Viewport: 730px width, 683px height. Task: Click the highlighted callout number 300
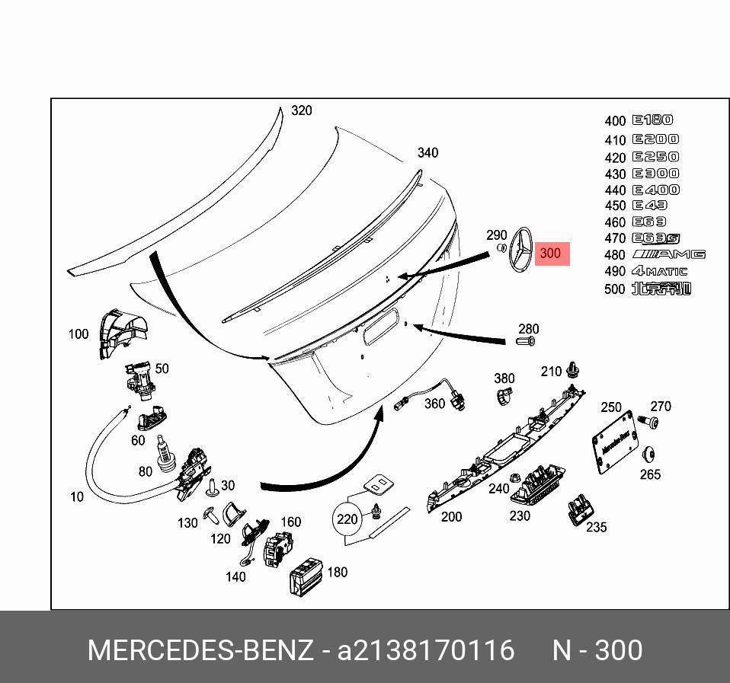[x=551, y=254]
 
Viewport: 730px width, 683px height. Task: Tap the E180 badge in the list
[x=652, y=120]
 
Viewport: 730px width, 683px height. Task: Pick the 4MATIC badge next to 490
[x=659, y=271]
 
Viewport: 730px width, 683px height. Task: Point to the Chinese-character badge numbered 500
[x=661, y=289]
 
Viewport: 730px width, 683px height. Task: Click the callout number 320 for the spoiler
[x=302, y=111]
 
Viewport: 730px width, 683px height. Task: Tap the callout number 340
[x=427, y=153]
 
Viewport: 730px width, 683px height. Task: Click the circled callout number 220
[x=347, y=520]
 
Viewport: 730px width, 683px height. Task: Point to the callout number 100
[x=78, y=334]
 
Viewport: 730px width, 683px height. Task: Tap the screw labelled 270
[x=643, y=420]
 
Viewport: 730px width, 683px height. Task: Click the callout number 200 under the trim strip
[x=451, y=517]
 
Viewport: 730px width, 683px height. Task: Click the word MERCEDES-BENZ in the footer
[x=200, y=651]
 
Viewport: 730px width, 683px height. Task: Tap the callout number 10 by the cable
[x=77, y=497]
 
